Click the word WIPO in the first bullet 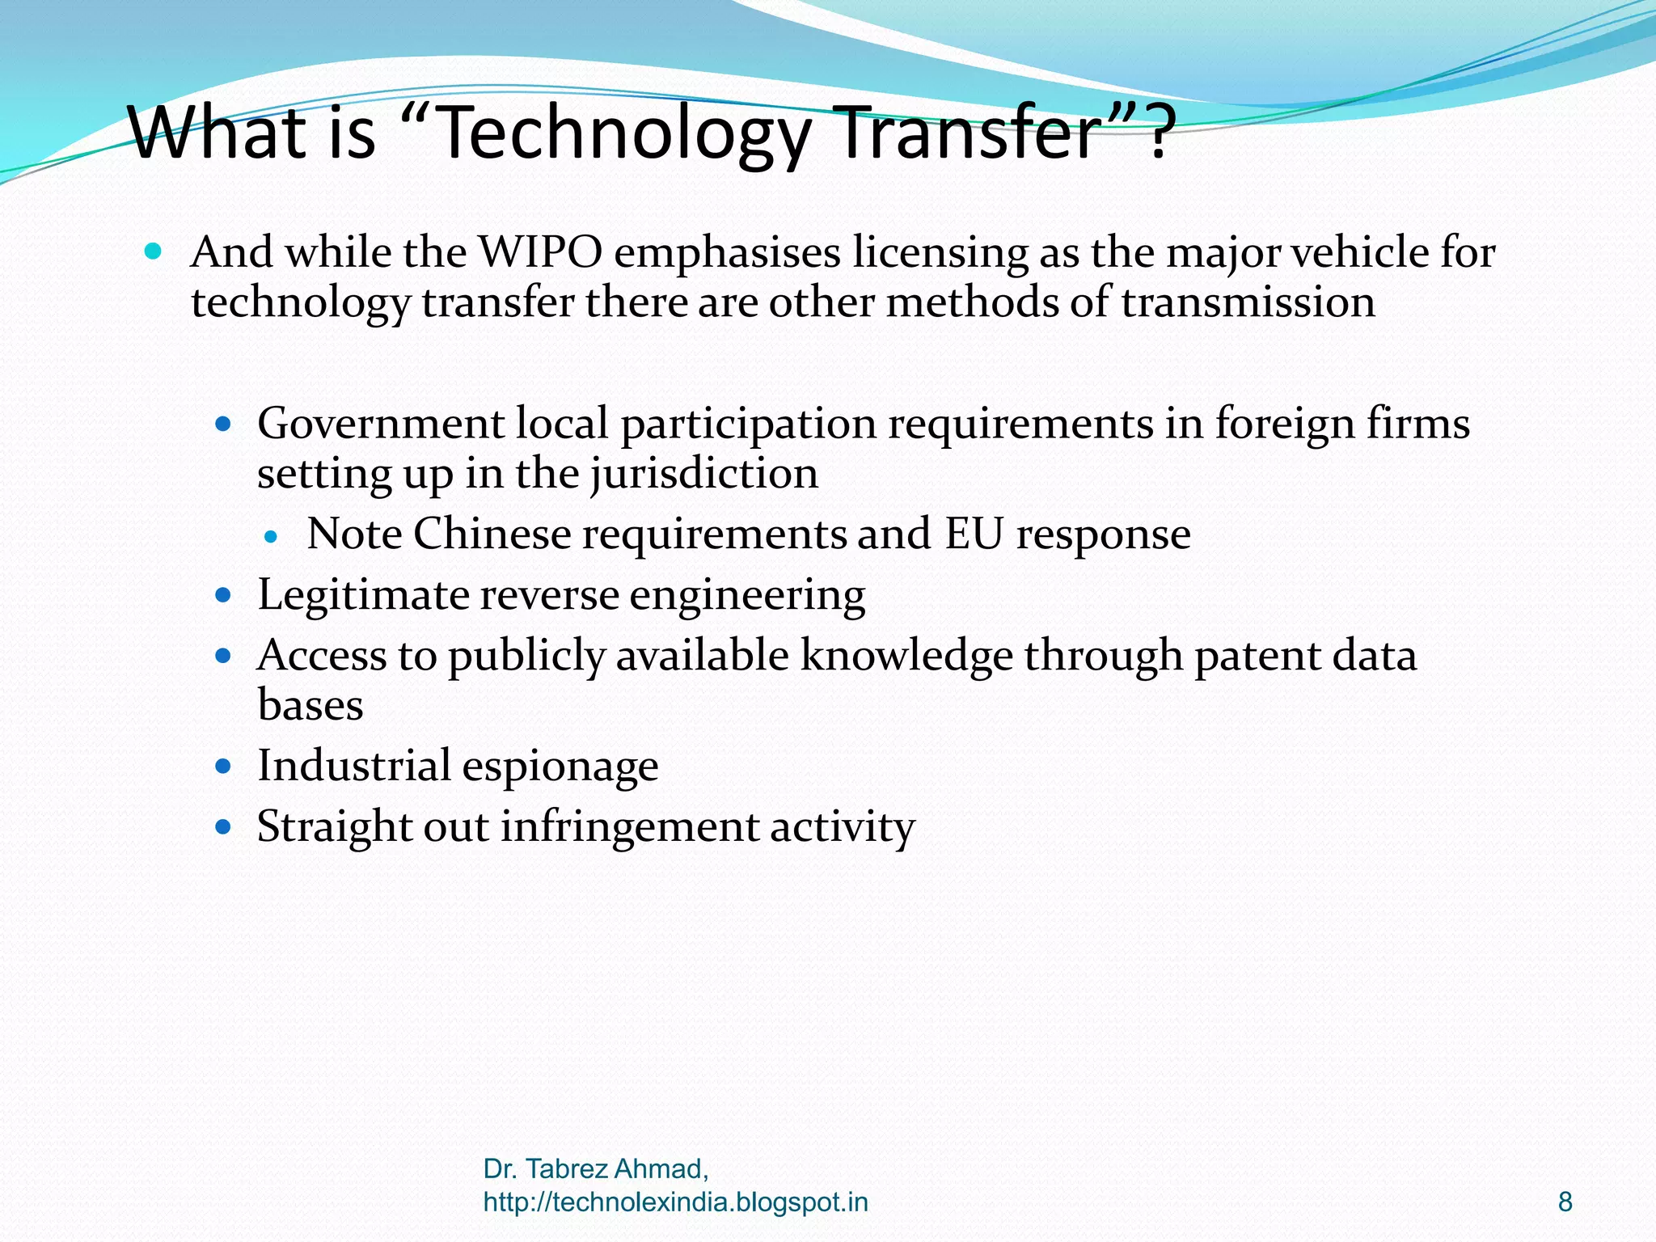point(540,252)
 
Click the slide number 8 point(1565,1202)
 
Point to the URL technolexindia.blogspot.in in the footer point(675,1202)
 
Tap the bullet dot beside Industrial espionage point(224,766)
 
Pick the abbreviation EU point(974,534)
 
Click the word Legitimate point(363,595)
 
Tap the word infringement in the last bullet point(629,827)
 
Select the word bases point(310,705)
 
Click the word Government point(380,424)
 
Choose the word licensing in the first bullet point(940,252)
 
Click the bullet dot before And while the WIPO point(153,251)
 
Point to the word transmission point(1248,302)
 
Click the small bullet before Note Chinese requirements point(271,535)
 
